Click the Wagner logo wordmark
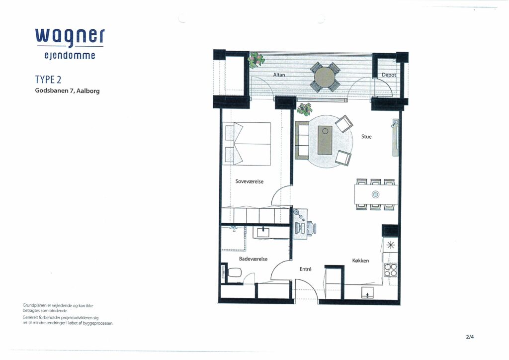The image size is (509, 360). point(70,43)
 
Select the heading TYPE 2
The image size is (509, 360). point(48,80)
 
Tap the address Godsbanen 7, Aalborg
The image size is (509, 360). point(67,91)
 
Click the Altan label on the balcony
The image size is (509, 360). point(279,75)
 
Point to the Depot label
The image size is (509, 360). point(389,75)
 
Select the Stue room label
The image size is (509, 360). point(366,137)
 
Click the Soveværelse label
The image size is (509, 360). point(250,181)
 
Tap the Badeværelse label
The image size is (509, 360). point(253,259)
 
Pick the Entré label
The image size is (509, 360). point(305,269)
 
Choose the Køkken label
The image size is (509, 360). point(360,261)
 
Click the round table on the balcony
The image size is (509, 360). point(325,78)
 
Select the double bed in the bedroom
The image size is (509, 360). point(247,144)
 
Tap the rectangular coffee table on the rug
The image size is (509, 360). point(325,140)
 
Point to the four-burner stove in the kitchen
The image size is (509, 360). point(390,270)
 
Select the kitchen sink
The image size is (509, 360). point(367,292)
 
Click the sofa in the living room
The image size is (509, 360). point(302,140)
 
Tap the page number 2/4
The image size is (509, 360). point(470,337)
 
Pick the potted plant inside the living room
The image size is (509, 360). point(305,109)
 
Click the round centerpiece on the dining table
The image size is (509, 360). point(376,194)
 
